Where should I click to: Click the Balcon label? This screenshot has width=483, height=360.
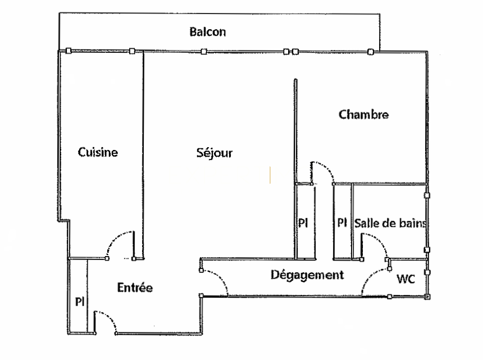pyautogui.click(x=208, y=31)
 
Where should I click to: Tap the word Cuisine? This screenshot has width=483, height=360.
pyautogui.click(x=98, y=152)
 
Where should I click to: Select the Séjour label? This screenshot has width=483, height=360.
pyautogui.click(x=215, y=153)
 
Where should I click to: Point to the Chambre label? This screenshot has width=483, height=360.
pyautogui.click(x=363, y=115)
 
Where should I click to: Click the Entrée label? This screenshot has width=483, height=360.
pyautogui.click(x=135, y=288)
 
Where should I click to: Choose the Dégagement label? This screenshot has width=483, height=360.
pyautogui.click(x=307, y=275)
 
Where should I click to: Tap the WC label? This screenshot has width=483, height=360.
pyautogui.click(x=405, y=279)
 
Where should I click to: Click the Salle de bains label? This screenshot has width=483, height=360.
pyautogui.click(x=390, y=224)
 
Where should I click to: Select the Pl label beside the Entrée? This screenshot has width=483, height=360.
pyautogui.click(x=80, y=302)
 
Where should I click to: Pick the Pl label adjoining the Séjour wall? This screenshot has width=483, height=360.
pyautogui.click(x=303, y=222)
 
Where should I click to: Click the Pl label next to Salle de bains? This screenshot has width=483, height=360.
pyautogui.click(x=342, y=222)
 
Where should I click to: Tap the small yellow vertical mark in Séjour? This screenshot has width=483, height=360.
pyautogui.click(x=270, y=175)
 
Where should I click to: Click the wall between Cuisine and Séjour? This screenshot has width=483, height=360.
pyautogui.click(x=143, y=156)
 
